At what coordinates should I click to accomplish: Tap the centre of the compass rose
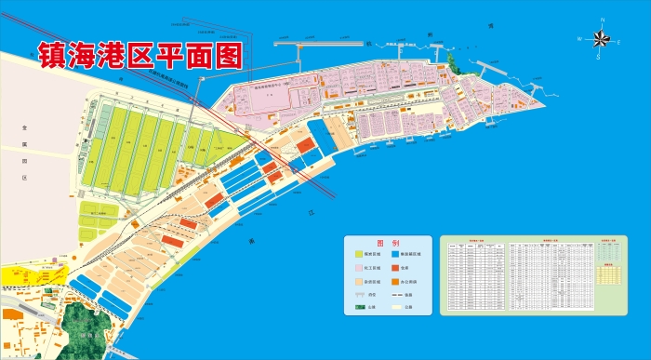tap(600, 38)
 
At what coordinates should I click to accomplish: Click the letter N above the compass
tap(601, 20)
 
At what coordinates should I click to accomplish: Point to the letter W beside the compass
tap(579, 39)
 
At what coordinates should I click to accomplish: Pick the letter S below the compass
tap(599, 57)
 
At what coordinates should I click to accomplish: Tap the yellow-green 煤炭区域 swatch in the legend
tap(359, 253)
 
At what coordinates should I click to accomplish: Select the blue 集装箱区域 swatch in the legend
tap(397, 253)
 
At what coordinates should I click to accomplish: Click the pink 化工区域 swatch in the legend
tap(359, 266)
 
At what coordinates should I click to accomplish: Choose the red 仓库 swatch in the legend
tap(397, 266)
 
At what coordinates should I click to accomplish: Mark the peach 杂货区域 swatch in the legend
tap(359, 279)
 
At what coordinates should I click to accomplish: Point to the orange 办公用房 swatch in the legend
tap(397, 279)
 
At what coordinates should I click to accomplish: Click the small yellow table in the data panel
tap(608, 274)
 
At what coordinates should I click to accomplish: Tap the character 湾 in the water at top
tap(490, 26)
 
